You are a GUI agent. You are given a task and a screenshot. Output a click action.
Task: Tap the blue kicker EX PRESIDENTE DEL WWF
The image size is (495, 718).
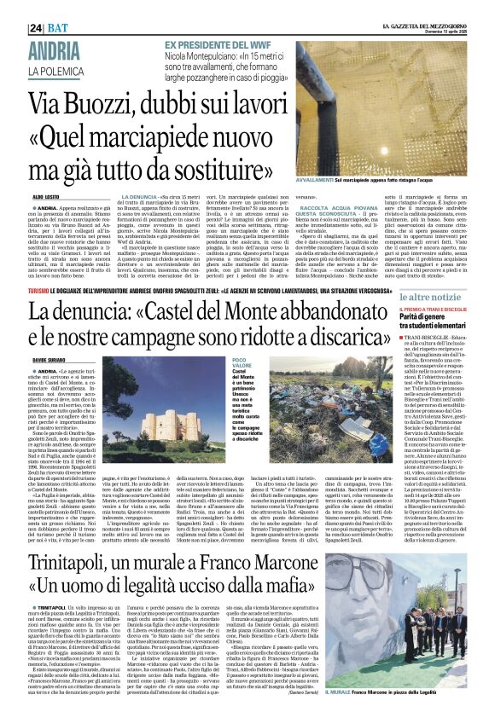[x=228, y=44]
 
